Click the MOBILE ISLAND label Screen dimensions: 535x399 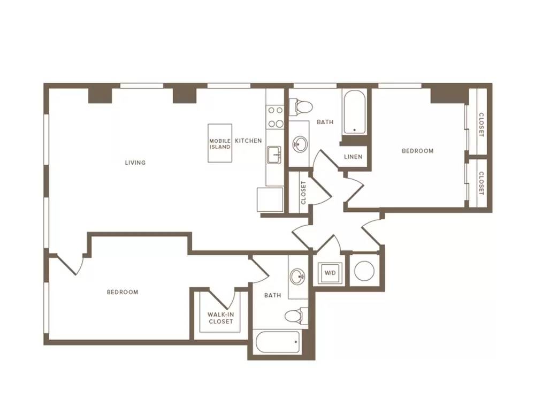pos(220,143)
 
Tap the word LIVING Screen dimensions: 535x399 pos(135,163)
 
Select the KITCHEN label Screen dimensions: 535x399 pos(248,141)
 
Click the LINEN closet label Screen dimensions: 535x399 pos(353,157)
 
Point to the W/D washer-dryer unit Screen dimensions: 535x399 pos(330,273)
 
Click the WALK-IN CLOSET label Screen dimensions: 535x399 pos(221,318)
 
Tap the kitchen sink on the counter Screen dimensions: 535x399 pos(274,155)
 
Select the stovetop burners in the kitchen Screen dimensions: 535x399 pos(275,117)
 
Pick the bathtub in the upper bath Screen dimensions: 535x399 pos(355,112)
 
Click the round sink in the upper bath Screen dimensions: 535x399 pos(300,144)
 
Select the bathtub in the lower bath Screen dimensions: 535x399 pos(278,342)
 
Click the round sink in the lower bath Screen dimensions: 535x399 pos(297,276)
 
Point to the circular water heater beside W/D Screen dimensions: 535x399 pos(364,271)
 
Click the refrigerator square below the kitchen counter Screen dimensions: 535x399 pos(270,199)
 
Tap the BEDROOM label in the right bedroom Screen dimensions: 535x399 pos(418,151)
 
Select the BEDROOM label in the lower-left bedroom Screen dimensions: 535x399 pos(123,292)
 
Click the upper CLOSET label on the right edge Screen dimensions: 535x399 pos(481,125)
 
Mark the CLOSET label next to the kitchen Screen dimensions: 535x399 pos(304,193)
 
